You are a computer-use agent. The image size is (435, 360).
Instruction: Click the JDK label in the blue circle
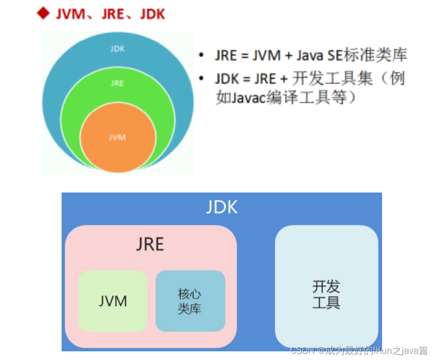click(x=117, y=49)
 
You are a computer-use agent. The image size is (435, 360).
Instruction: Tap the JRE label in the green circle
click(x=117, y=83)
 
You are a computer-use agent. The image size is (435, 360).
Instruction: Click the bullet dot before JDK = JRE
click(x=202, y=79)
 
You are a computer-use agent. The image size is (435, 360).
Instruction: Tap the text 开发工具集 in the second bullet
click(x=333, y=79)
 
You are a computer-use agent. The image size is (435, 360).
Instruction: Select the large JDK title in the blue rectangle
click(x=222, y=207)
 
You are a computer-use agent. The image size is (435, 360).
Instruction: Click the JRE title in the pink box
click(x=150, y=244)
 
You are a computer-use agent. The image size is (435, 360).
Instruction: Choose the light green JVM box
click(x=113, y=301)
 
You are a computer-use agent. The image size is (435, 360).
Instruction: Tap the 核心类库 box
click(x=190, y=301)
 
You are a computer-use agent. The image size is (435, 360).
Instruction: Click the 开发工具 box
click(x=326, y=287)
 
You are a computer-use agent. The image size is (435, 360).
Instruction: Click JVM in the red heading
click(x=73, y=14)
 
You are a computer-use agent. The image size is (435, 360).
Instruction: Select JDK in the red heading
click(x=152, y=14)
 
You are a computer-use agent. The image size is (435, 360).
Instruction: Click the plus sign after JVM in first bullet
click(x=288, y=56)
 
